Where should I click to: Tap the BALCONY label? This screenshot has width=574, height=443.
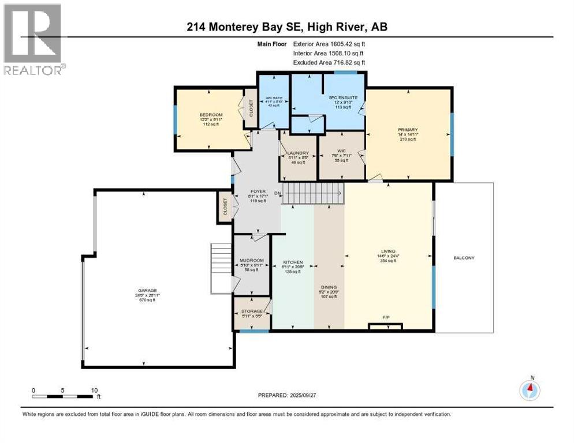point(464,257)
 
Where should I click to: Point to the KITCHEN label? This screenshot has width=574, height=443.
point(293,262)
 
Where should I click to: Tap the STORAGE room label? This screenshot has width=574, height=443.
point(251,311)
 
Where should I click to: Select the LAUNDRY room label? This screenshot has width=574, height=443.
point(299,153)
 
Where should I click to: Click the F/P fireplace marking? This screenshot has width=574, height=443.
point(386,317)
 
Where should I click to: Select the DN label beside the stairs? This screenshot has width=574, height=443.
point(277,193)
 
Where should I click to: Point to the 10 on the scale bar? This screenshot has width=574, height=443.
point(93,390)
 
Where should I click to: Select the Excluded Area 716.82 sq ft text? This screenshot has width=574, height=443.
point(330,62)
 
